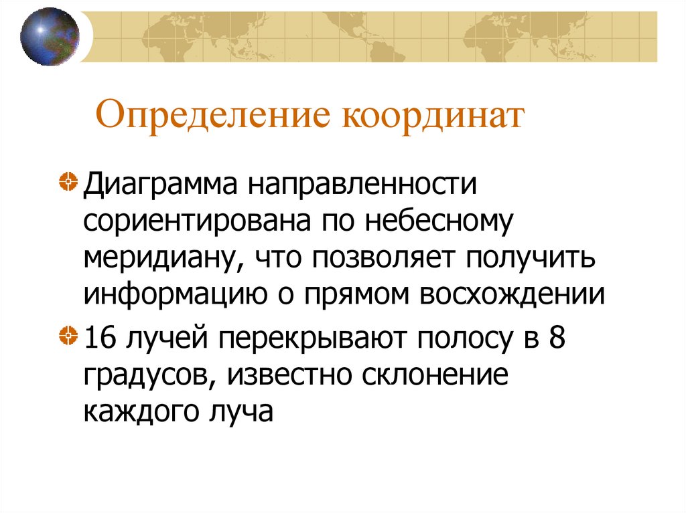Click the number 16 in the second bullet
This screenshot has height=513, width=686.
(98, 338)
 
